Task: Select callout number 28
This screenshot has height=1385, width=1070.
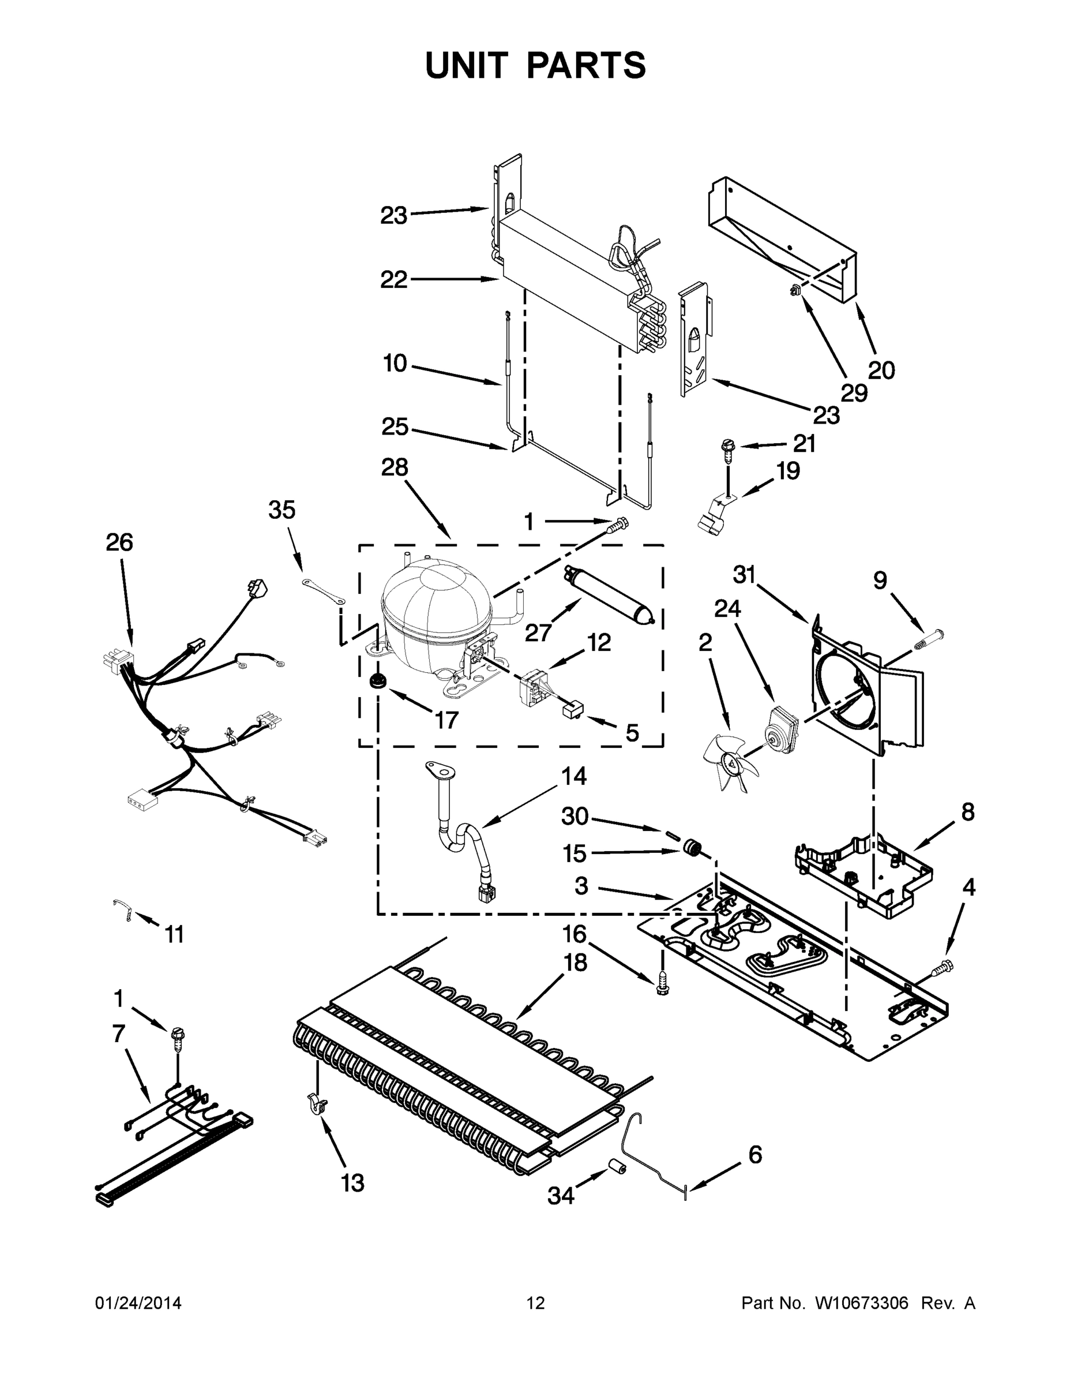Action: [395, 468]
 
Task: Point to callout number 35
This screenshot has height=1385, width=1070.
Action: [281, 510]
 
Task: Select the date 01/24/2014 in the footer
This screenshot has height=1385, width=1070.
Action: [138, 1302]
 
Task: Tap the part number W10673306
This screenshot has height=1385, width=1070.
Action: [861, 1302]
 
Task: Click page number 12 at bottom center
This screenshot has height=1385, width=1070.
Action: [536, 1302]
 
